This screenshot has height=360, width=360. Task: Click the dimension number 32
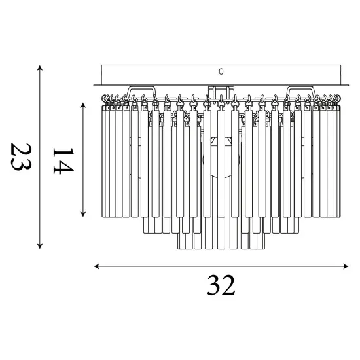pos(221,285)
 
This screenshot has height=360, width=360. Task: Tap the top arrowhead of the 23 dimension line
pos(41,67)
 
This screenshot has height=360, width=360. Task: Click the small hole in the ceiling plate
pos(221,71)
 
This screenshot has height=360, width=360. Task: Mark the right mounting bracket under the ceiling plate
pos(299,90)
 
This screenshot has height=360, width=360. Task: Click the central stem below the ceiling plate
pos(221,90)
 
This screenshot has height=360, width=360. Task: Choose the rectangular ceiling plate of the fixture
pos(221,74)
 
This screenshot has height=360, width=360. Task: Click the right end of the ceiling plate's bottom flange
pos(348,84)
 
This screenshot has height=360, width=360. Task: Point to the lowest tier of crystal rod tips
pos(221,247)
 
